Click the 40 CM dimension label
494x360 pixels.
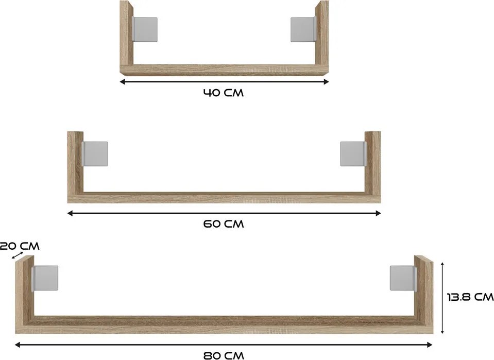pyautogui.click(x=224, y=93)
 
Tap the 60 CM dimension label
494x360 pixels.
pyautogui.click(x=224, y=224)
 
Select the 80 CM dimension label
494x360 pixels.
pyautogui.click(x=224, y=355)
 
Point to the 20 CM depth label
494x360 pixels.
pyautogui.click(x=20, y=246)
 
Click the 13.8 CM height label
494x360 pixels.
pyautogui.click(x=470, y=297)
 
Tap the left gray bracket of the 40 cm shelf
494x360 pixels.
pyautogui.click(x=145, y=29)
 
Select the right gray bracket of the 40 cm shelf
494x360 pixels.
pyautogui.click(x=303, y=29)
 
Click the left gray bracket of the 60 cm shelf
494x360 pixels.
pyautogui.click(x=95, y=153)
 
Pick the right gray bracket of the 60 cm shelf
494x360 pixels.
pyautogui.click(x=353, y=153)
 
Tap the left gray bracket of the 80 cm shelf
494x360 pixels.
pyautogui.click(x=45, y=278)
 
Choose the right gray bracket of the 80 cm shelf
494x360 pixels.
pyautogui.click(x=403, y=278)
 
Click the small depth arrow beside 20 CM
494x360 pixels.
pyautogui.click(x=18, y=255)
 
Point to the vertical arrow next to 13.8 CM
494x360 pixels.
pyautogui.click(x=442, y=297)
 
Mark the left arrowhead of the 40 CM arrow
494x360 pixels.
pyautogui.click(x=122, y=81)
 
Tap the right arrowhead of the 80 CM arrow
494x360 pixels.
pyautogui.click(x=429, y=345)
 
